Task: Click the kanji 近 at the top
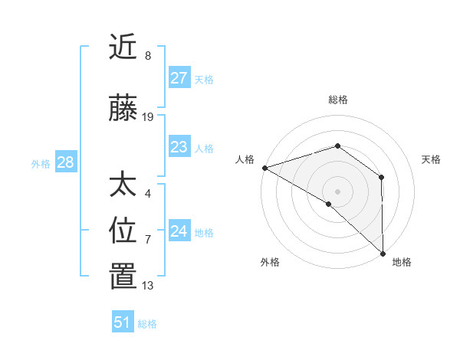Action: click(123, 47)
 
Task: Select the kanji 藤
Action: click(123, 109)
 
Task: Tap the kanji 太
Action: click(123, 185)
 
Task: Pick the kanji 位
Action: click(123, 230)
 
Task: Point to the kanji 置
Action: click(123, 277)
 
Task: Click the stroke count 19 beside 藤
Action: click(148, 117)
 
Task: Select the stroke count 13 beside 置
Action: click(148, 286)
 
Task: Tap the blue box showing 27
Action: click(179, 78)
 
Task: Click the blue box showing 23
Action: click(179, 147)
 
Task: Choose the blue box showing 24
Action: click(179, 231)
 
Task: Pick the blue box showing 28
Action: click(65, 162)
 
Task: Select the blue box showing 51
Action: click(123, 322)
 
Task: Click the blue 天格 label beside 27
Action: click(204, 79)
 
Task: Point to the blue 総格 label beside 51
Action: click(147, 324)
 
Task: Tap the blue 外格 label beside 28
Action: click(41, 163)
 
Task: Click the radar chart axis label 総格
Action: click(337, 100)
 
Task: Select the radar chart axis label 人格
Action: click(245, 159)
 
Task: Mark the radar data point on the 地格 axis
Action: click(383, 253)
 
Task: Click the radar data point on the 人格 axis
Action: click(264, 167)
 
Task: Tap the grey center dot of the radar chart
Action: click(337, 191)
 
